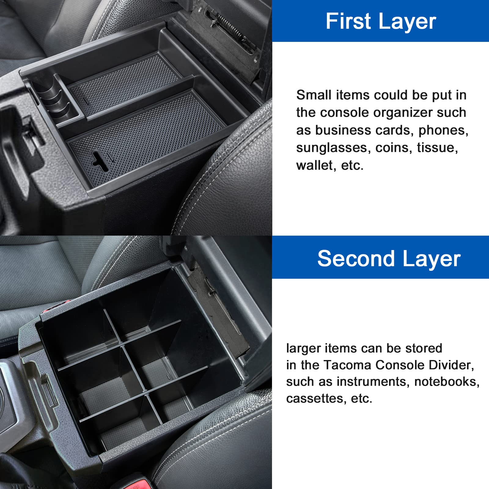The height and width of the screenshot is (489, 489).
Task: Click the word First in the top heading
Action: click(348, 21)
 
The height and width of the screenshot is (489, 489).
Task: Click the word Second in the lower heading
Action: click(356, 259)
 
